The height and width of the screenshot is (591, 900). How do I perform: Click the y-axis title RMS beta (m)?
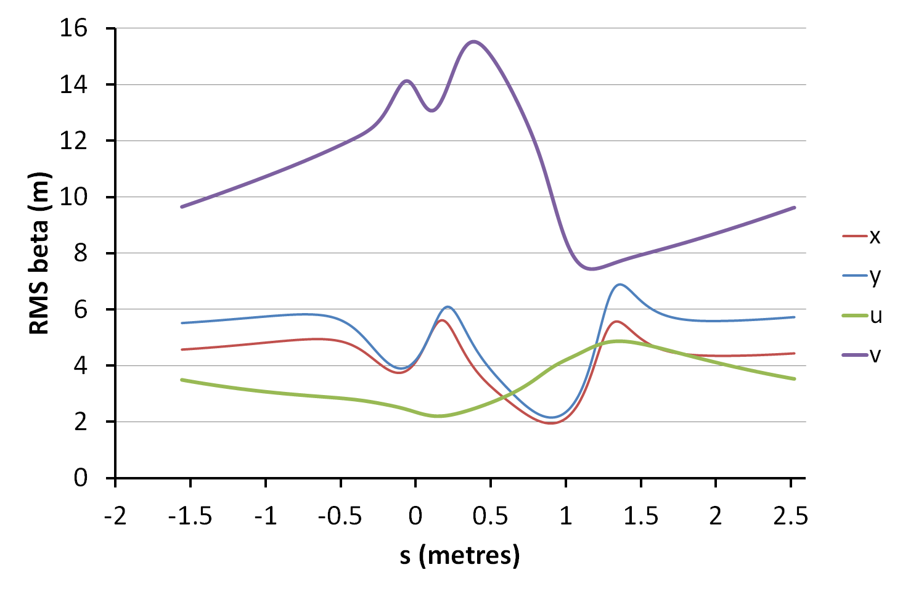39,253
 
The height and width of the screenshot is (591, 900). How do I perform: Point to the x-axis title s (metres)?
459,555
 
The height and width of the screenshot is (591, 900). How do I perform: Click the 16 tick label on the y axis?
73,28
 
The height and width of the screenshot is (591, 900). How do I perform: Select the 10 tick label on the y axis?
73,197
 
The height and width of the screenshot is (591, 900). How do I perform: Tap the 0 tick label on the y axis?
81,478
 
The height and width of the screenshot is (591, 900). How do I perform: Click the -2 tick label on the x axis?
115,515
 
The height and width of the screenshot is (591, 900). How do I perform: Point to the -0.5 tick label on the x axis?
340,515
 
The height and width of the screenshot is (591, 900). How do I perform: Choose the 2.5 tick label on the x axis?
790,515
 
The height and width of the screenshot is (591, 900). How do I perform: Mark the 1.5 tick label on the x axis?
640,515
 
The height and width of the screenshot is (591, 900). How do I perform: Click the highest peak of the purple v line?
473,41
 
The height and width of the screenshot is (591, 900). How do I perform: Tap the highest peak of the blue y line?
620,284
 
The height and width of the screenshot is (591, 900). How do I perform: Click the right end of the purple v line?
795,208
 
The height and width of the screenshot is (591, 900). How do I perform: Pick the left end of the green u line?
181,380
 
